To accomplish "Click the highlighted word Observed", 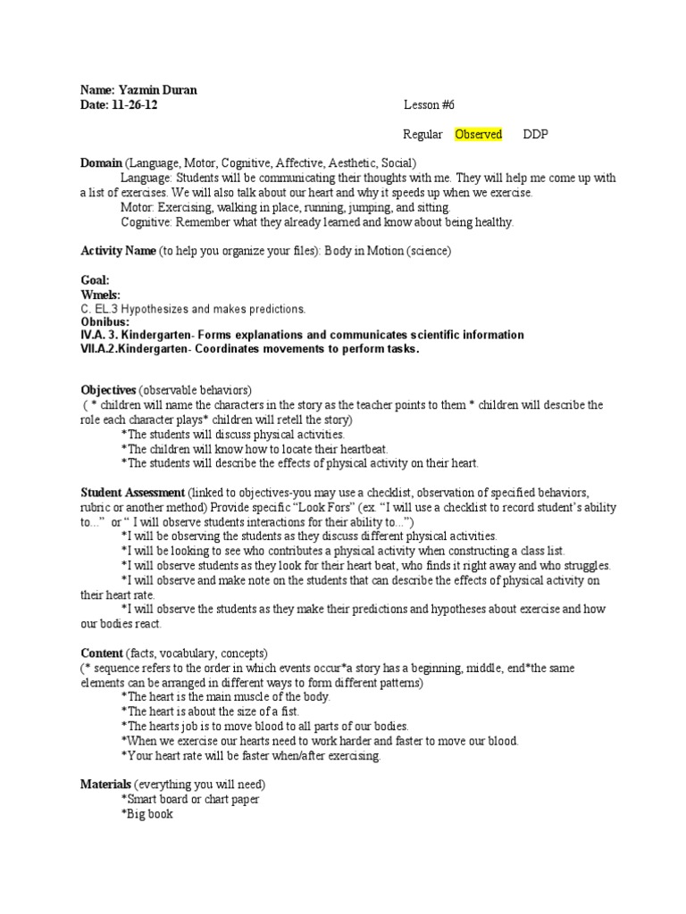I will [478, 135].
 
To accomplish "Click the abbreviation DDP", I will [535, 135].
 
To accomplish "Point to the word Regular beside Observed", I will [422, 135].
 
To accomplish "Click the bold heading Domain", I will [101, 163].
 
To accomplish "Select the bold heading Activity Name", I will [118, 251].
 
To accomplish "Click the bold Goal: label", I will [95, 280].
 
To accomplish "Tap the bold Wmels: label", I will [100, 295].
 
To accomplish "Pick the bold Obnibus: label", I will [105, 321].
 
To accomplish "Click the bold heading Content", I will [102, 653].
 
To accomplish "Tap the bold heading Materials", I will [105, 785].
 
